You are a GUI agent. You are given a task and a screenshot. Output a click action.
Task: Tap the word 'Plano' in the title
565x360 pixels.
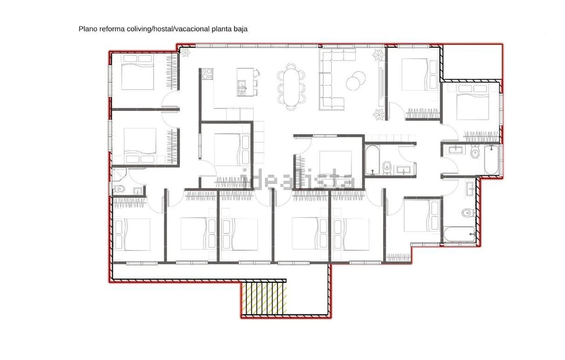[x=88, y=29]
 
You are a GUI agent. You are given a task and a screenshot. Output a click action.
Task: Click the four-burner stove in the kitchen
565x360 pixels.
[x=207, y=74]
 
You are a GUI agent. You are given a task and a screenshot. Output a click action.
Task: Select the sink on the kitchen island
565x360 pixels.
[x=242, y=85]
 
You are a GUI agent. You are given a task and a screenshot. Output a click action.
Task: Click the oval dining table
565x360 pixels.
[x=291, y=87]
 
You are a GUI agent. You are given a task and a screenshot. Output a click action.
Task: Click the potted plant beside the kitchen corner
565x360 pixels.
[x=186, y=53]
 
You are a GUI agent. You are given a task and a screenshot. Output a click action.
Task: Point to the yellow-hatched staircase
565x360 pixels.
[x=264, y=299]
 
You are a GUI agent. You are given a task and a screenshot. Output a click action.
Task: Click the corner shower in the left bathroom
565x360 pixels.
[x=119, y=175]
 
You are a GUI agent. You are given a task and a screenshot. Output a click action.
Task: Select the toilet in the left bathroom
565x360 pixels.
[x=119, y=189]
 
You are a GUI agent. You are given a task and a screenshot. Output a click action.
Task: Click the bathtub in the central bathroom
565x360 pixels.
[x=372, y=160]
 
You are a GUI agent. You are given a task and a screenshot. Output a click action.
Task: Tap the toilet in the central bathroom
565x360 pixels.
[x=387, y=168]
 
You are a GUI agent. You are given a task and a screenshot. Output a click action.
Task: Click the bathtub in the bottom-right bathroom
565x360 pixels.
[x=460, y=234]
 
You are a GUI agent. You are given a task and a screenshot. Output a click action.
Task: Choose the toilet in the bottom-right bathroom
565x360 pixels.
[x=469, y=213]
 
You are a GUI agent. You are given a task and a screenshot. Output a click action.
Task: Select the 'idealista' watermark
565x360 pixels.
[x=298, y=180]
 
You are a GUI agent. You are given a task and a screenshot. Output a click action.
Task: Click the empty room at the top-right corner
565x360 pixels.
[x=472, y=62]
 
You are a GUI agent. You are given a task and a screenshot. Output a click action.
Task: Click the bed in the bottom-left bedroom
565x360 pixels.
[x=132, y=234]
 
